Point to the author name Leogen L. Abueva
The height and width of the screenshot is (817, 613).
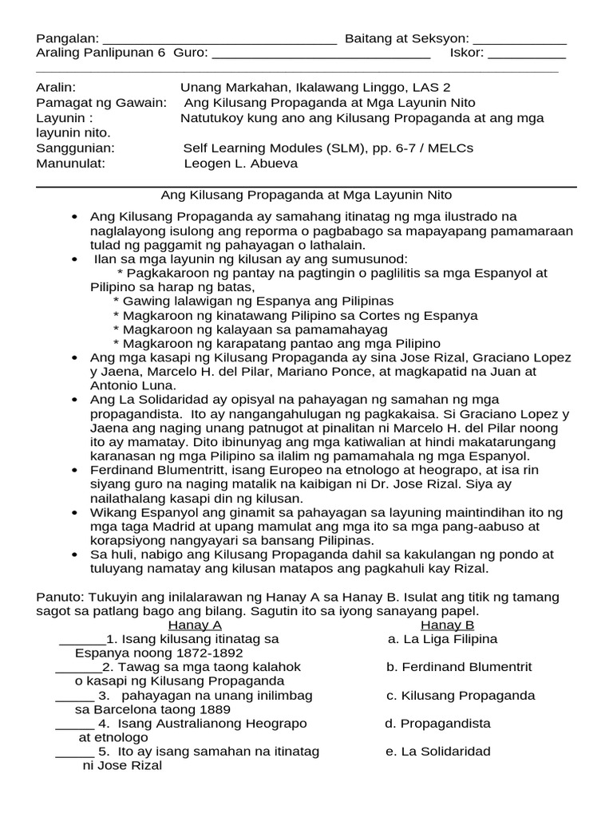(x=241, y=164)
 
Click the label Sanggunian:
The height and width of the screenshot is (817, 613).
(x=76, y=148)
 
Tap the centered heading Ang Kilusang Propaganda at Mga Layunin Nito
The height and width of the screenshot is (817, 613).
(x=306, y=195)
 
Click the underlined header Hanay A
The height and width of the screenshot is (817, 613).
(x=195, y=625)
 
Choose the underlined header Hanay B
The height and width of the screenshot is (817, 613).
(x=448, y=625)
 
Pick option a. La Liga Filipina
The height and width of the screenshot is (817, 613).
(x=442, y=639)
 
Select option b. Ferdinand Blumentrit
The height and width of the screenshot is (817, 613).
(x=459, y=667)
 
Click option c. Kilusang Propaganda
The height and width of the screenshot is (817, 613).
(x=461, y=696)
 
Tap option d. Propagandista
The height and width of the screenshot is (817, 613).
(x=437, y=724)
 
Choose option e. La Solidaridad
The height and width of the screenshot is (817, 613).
(x=438, y=752)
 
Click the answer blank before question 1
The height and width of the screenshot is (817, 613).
(x=82, y=641)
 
